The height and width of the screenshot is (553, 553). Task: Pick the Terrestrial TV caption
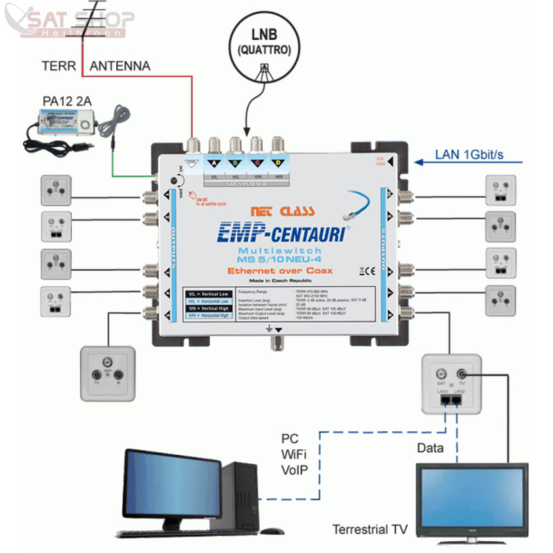[370, 530]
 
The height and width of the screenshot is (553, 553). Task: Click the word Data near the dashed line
[430, 449]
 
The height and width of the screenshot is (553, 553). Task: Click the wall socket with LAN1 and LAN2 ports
[451, 384]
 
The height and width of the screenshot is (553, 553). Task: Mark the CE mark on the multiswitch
[368, 272]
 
